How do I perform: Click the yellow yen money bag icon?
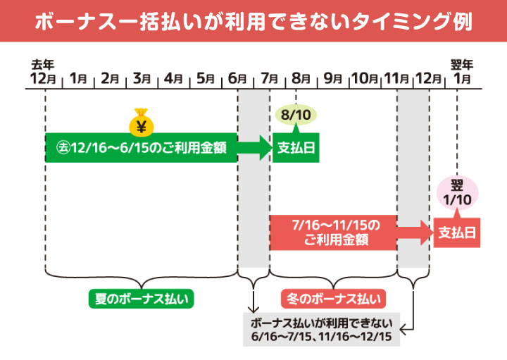[x=140, y=122]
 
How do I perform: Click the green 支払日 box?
[x=296, y=148]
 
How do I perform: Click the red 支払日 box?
[x=457, y=232]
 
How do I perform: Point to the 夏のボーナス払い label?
[x=141, y=299]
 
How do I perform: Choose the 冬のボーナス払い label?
[x=331, y=299]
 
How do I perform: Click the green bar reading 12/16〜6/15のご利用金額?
[x=141, y=148]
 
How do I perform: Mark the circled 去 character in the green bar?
[x=61, y=148]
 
